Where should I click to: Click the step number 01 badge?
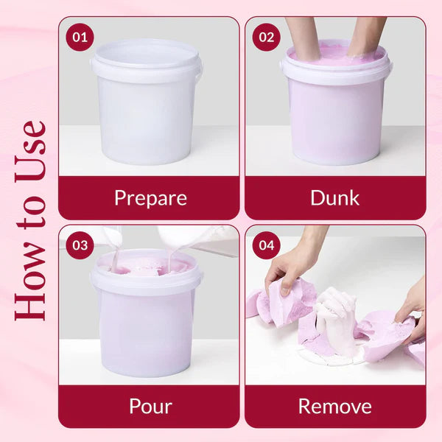[x=80, y=37]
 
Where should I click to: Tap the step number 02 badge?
[x=267, y=37]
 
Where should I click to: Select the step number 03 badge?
[x=80, y=245]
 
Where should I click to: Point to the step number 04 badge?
[x=267, y=245]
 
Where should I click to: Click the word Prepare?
[x=150, y=198]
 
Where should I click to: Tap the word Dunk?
[x=335, y=198]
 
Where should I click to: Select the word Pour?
[x=150, y=407]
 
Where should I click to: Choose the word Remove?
[x=335, y=407]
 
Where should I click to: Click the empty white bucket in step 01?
[x=147, y=102]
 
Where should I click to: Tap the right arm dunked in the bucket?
[x=365, y=37]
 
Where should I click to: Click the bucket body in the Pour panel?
[x=147, y=333]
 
